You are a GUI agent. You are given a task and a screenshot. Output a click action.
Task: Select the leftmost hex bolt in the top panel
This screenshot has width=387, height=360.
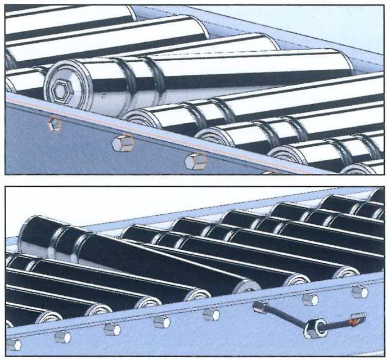tap(54, 124)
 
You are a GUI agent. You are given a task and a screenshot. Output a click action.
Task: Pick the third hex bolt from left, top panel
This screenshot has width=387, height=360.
tap(196, 161)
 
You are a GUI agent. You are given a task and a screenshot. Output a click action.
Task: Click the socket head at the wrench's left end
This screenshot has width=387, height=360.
tap(259, 307)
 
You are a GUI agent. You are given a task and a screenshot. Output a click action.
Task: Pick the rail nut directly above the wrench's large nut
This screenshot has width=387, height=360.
tap(309, 299)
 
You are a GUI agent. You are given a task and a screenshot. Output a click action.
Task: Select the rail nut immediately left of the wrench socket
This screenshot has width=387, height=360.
tap(211, 314)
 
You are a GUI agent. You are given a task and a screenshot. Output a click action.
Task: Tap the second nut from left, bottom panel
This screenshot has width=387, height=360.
tap(62, 336)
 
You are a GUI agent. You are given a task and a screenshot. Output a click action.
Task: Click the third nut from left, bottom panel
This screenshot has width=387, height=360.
tap(112, 329)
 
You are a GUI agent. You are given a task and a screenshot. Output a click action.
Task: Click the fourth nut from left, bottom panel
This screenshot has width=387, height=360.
tap(162, 322)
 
